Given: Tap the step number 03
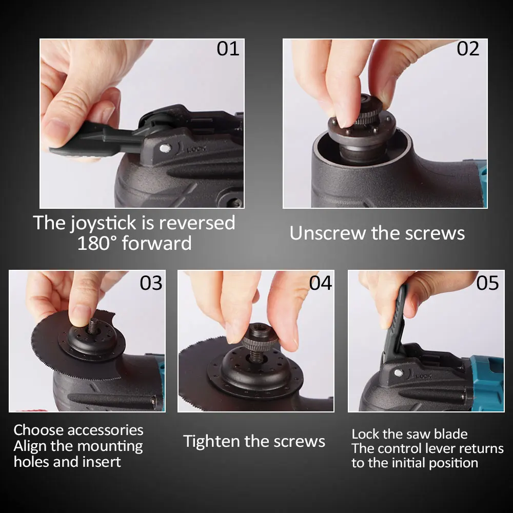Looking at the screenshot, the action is point(151,283).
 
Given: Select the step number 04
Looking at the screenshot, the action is point(321,283).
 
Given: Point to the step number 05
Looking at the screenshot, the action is point(487,283).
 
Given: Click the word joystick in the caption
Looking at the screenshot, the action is point(104,224).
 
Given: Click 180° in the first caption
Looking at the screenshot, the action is point(97,243).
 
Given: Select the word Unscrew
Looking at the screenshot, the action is point(327,233).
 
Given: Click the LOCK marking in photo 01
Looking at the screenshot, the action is point(196,149).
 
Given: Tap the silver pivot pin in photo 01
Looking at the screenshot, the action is point(165,149).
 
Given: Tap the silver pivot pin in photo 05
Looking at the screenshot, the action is point(398,372).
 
